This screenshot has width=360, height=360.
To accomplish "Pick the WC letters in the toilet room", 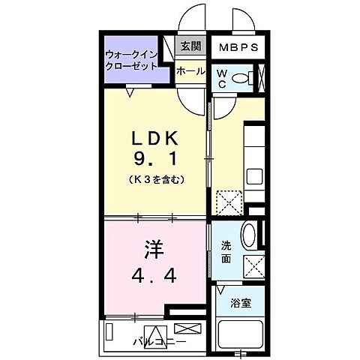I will pyautogui.click(x=223, y=78).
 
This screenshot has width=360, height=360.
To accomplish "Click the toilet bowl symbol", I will pyautogui.click(x=241, y=78).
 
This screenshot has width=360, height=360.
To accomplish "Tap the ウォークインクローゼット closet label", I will pyautogui.click(x=131, y=60).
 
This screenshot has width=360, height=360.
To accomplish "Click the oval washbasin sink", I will pyautogui.click(x=251, y=235).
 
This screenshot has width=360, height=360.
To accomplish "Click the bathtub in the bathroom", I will pyautogui.click(x=241, y=333).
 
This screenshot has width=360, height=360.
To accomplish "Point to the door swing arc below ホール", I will pyautogui.click(x=193, y=94).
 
